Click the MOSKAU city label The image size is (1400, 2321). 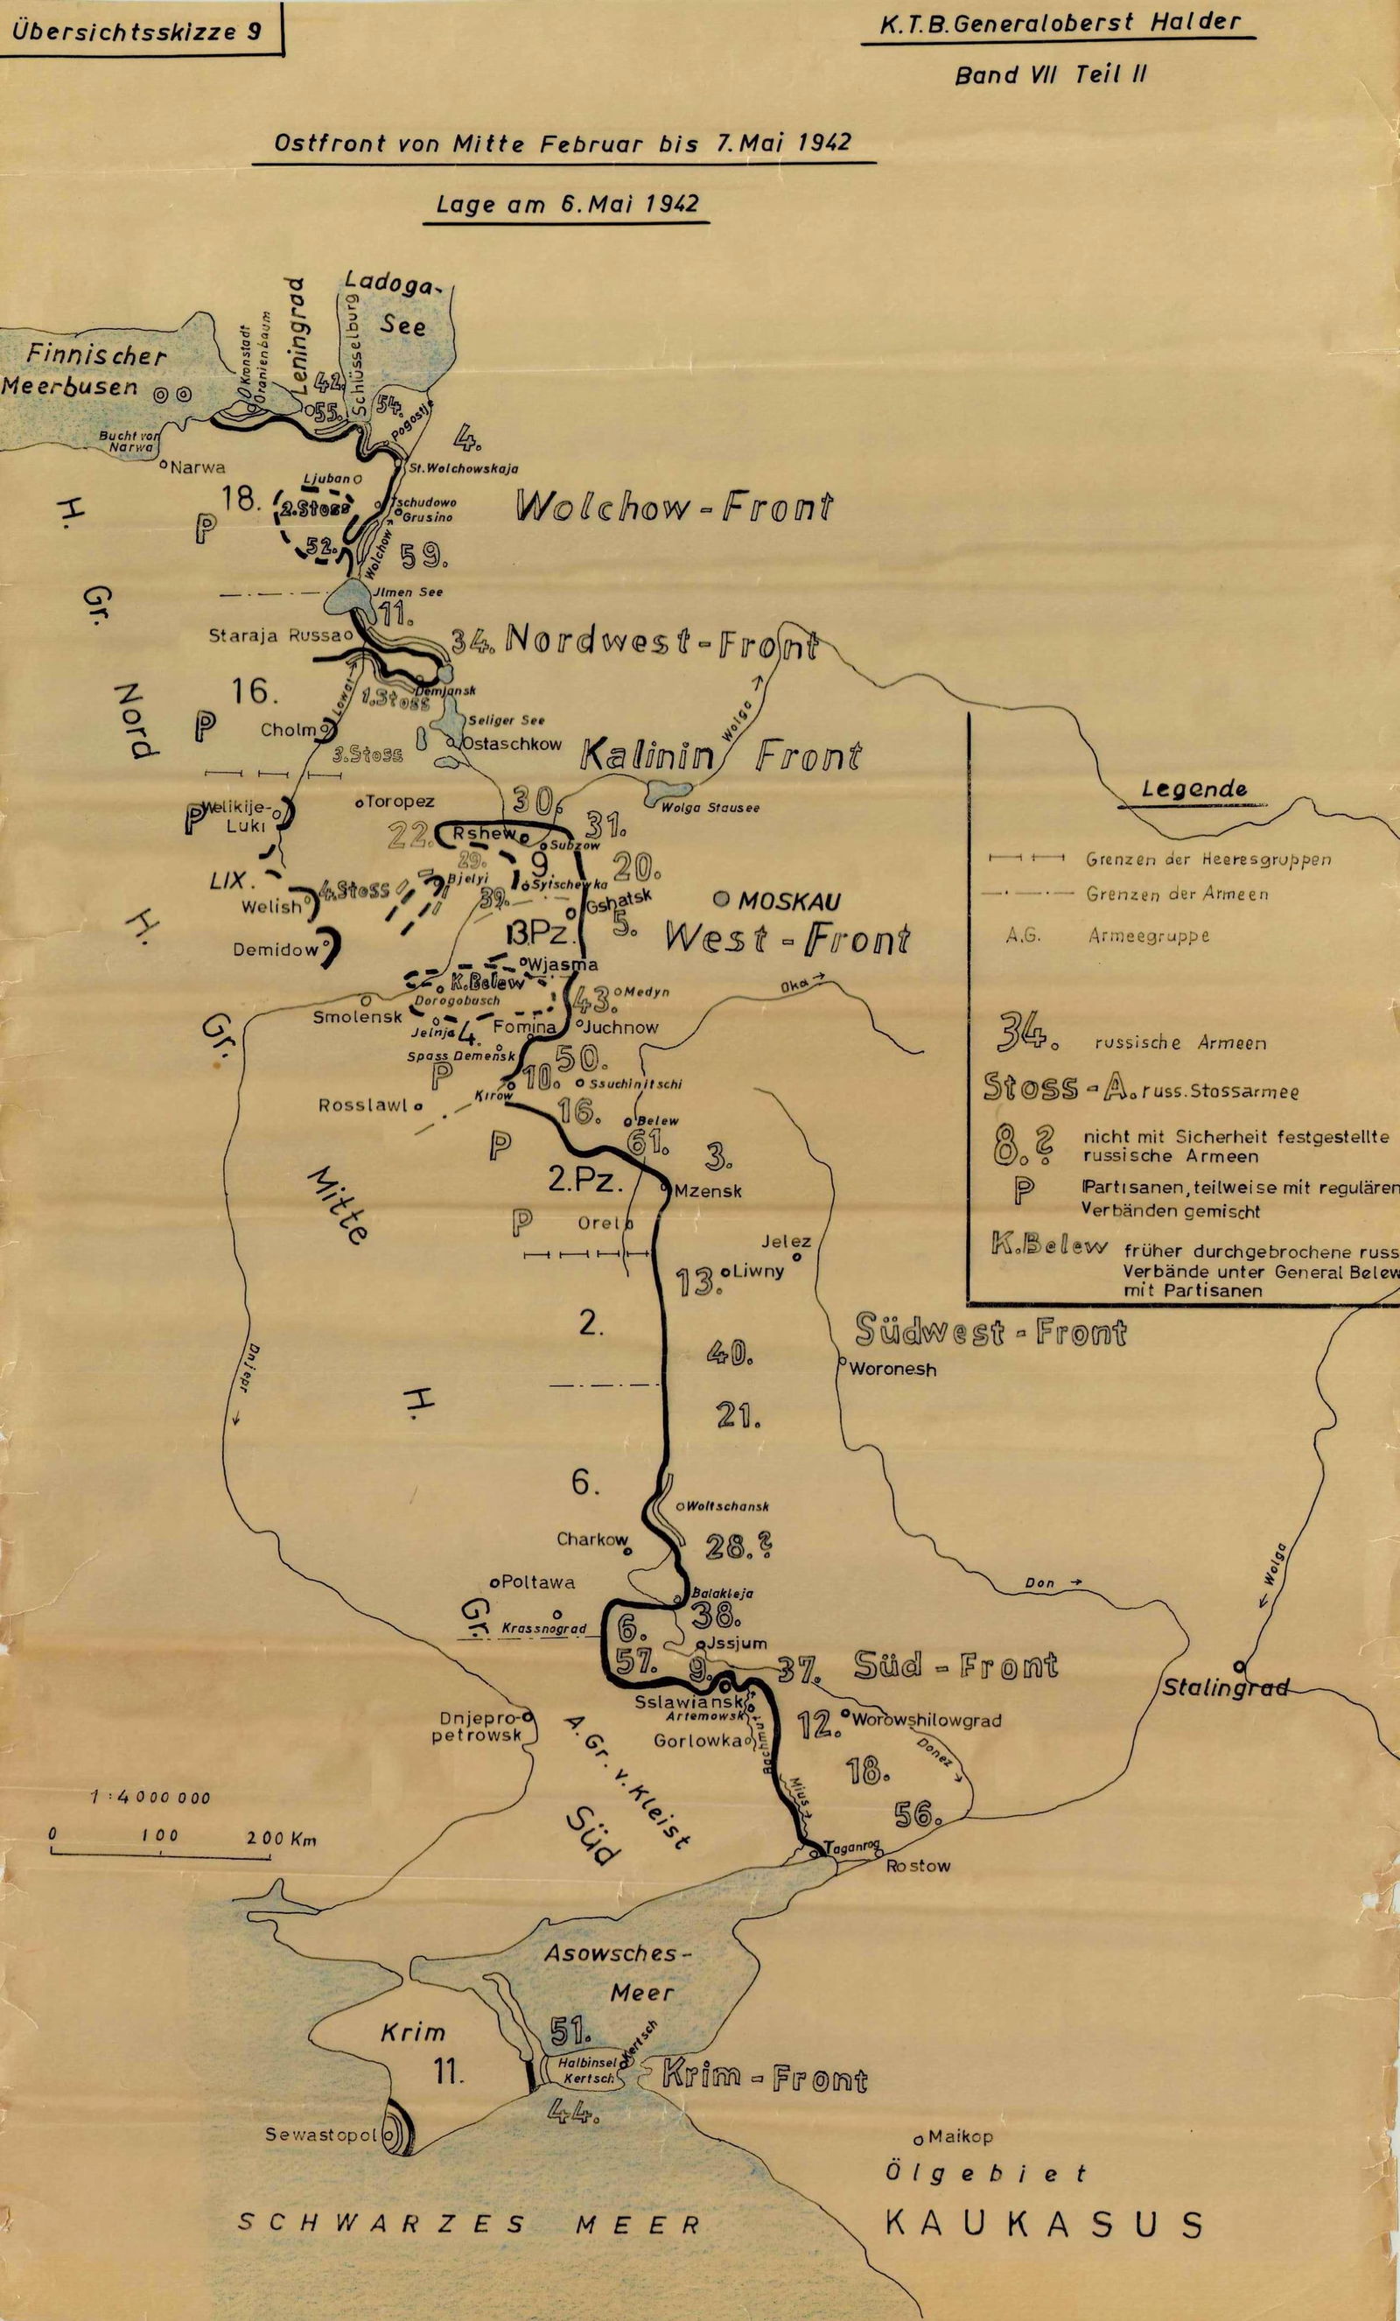[x=789, y=901]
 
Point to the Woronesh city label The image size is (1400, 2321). [x=892, y=1370]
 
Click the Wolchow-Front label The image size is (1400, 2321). [x=675, y=508]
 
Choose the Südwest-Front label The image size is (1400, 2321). [x=990, y=1332]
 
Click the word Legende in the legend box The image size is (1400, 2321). [x=1193, y=789]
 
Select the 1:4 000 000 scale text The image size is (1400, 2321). [x=150, y=1798]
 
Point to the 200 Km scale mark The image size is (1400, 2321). [x=282, y=1838]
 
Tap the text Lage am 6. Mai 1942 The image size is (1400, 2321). [x=568, y=203]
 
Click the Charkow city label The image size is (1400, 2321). [x=591, y=1539]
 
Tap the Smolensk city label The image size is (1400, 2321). [x=358, y=1016]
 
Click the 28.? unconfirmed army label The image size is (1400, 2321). [x=743, y=1546]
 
